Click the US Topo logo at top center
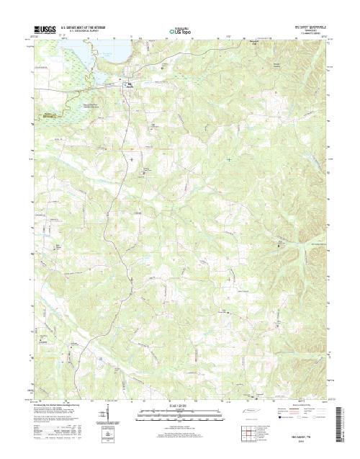point(180,31)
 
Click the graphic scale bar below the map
point(180,412)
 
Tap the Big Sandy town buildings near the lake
point(130,85)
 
